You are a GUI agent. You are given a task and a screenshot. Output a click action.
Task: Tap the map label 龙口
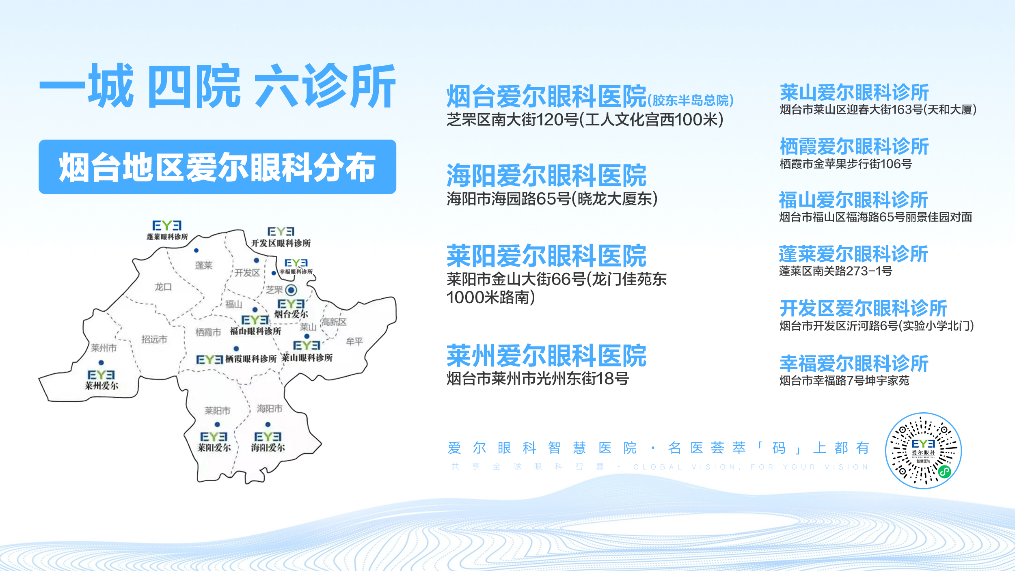163,287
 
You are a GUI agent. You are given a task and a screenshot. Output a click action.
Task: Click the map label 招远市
154,339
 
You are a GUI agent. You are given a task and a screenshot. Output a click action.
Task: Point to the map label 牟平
354,341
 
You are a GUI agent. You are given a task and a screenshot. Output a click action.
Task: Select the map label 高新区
334,322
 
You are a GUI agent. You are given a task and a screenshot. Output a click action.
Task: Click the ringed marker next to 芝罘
291,290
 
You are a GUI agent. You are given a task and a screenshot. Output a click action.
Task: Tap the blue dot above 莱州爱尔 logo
101,362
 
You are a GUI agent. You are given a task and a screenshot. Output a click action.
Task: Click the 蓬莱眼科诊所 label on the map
167,237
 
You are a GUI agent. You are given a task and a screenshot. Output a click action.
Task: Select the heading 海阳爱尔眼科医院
546,175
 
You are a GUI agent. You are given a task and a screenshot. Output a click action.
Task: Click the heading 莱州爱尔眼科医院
546,356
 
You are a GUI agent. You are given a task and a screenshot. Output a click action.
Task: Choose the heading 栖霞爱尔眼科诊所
854,147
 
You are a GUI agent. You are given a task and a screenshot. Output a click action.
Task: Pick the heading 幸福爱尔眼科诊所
854,363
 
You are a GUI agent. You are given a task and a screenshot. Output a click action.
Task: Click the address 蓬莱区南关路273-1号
835,271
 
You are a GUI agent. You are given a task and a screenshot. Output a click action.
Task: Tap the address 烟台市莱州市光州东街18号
538,379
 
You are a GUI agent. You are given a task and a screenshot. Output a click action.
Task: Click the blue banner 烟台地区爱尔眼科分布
217,167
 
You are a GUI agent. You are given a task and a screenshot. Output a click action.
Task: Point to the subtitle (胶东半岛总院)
690,100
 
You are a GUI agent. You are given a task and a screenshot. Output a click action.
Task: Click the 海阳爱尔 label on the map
268,447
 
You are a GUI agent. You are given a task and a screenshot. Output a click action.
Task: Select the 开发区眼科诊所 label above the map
281,243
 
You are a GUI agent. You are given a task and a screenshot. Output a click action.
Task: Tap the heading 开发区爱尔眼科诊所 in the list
863,308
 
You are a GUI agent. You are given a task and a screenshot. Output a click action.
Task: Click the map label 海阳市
269,409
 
